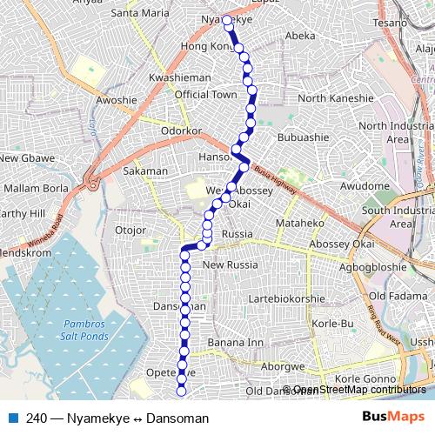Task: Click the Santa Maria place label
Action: (x=140, y=14)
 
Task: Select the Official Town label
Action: (x=205, y=94)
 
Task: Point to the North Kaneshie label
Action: (x=335, y=98)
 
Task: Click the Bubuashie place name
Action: (x=303, y=137)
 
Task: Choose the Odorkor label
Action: (x=182, y=130)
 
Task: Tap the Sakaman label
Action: (x=145, y=171)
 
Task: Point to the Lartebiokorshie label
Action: (x=286, y=298)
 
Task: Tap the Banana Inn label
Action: (x=235, y=343)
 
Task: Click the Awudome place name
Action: (x=365, y=186)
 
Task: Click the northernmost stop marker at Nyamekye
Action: (x=226, y=19)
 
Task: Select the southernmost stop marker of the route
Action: (x=181, y=392)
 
